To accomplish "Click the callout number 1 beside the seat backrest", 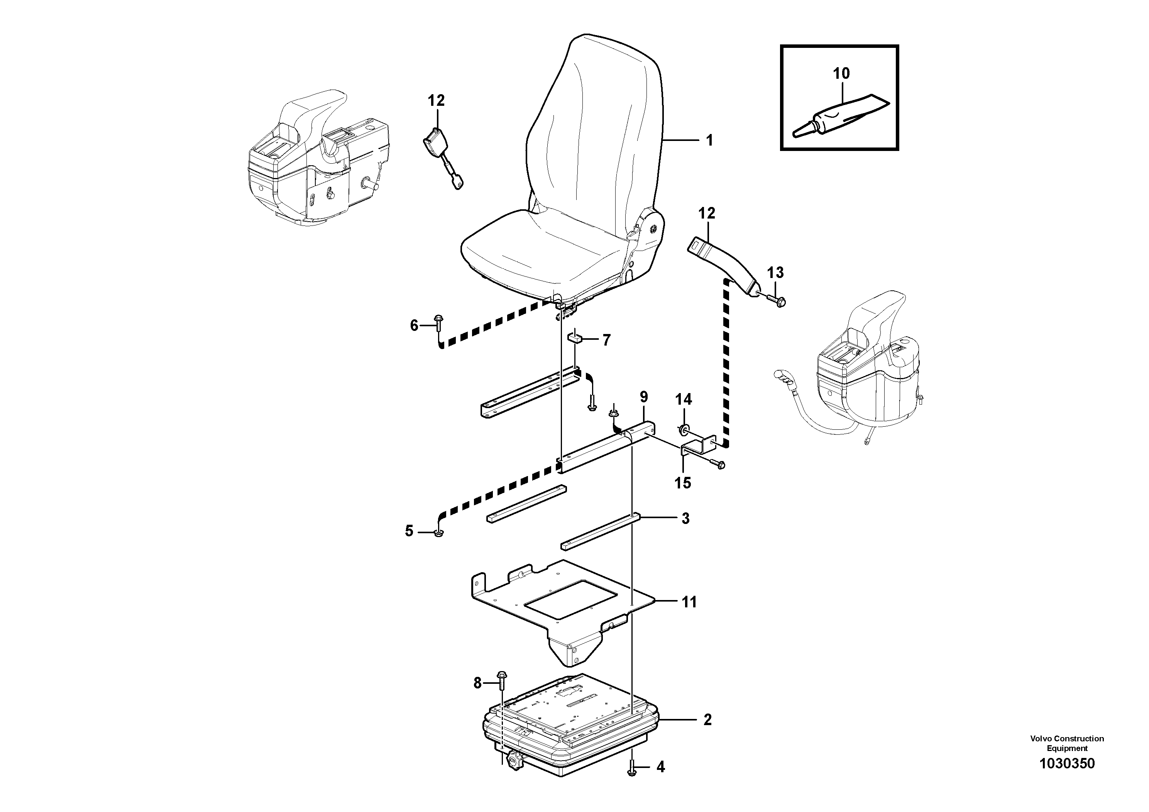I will [709, 141].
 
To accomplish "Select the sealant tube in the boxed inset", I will [841, 117].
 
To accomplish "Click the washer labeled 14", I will [684, 429].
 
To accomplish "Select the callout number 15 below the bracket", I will [683, 483].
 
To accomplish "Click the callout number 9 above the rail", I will [643, 397].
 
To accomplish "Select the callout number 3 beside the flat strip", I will [685, 519].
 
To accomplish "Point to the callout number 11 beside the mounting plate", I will [689, 602].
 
